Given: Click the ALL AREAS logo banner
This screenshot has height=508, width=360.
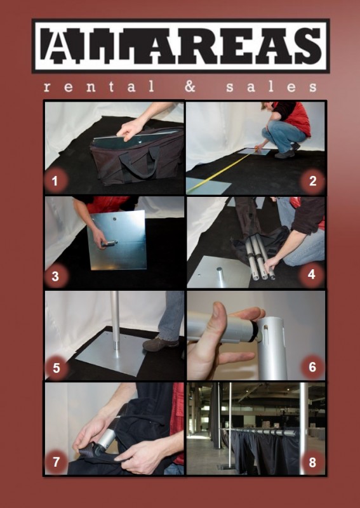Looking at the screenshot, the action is pyautogui.click(x=180, y=46).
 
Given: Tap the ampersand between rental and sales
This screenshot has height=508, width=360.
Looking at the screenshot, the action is pyautogui.click(x=190, y=87).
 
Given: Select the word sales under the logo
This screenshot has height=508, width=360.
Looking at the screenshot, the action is pyautogui.click(x=271, y=87).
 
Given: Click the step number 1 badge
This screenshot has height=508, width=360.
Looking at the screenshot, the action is pyautogui.click(x=55, y=181).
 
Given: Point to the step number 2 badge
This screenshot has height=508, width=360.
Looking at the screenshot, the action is pyautogui.click(x=312, y=181).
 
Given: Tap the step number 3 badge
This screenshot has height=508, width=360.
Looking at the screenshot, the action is pyautogui.click(x=55, y=276).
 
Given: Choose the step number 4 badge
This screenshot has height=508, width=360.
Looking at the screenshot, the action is pyautogui.click(x=311, y=274).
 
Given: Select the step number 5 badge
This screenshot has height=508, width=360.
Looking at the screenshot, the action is pyautogui.click(x=56, y=368).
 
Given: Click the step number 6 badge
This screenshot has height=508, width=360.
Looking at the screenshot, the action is pyautogui.click(x=312, y=367).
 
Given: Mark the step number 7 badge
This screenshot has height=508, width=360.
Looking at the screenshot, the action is pyautogui.click(x=56, y=462).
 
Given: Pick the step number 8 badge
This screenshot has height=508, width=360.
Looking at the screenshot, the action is pyautogui.click(x=312, y=462).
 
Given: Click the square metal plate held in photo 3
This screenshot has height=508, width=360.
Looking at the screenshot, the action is pyautogui.click(x=117, y=241).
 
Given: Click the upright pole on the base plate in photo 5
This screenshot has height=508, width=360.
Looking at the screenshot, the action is pyautogui.click(x=115, y=321).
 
